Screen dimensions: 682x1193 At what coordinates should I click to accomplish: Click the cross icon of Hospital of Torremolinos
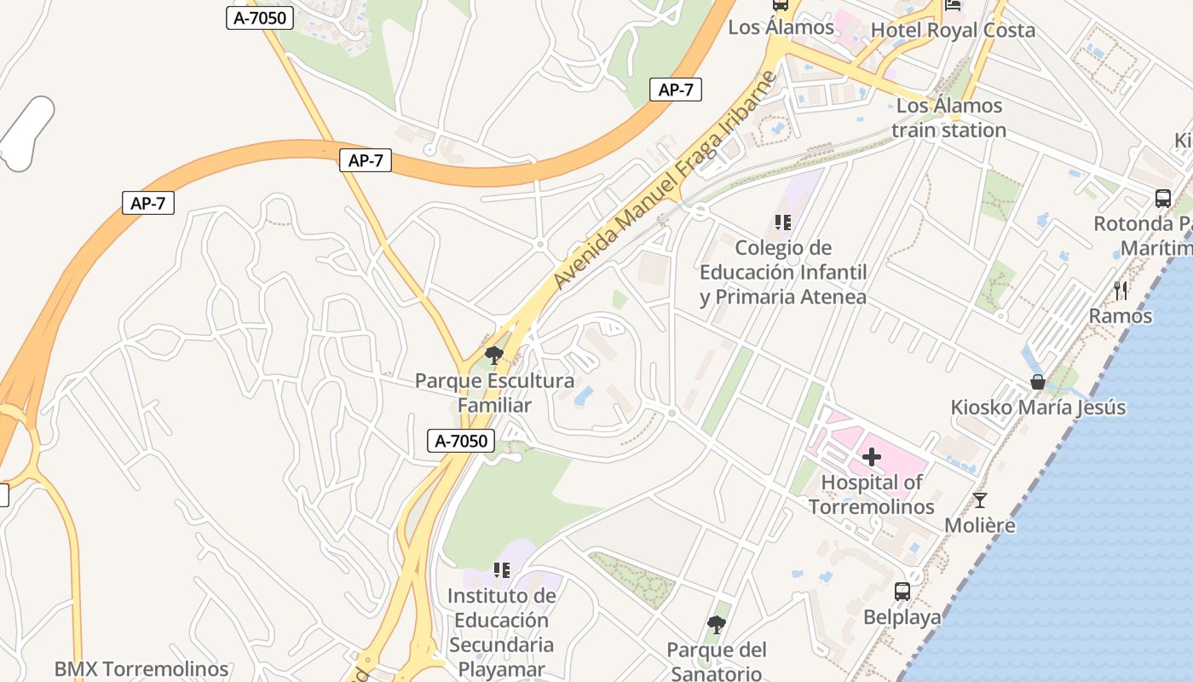[871, 458]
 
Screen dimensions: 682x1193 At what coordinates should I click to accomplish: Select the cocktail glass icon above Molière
[980, 500]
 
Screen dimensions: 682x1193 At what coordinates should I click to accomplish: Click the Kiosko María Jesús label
[1038, 407]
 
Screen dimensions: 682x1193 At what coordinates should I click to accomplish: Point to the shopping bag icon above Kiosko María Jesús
[1038, 382]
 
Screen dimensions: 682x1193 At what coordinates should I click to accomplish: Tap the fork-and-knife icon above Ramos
[1121, 291]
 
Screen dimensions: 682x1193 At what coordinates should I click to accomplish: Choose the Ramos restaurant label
[1121, 316]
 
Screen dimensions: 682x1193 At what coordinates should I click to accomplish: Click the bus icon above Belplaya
[902, 591]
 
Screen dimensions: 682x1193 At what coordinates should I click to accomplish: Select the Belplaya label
[902, 617]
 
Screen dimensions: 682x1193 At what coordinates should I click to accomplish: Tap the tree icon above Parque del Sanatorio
[716, 625]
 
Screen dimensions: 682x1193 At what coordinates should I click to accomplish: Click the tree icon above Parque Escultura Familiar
[493, 355]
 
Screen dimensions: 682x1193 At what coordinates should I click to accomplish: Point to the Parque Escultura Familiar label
[494, 393]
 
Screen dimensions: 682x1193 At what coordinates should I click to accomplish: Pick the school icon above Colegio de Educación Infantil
[782, 223]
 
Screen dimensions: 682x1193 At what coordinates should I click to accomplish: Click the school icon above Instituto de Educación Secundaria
[501, 569]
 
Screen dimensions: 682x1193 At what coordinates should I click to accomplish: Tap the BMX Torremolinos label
[141, 669]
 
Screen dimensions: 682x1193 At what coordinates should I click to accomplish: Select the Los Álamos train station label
[949, 118]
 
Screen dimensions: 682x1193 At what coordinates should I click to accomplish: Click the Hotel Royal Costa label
[953, 31]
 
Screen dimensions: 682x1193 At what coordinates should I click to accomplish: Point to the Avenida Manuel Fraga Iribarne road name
[665, 181]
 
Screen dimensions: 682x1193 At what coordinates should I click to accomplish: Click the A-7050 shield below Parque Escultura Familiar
[461, 441]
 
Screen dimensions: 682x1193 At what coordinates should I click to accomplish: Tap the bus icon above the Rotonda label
[1162, 199]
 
